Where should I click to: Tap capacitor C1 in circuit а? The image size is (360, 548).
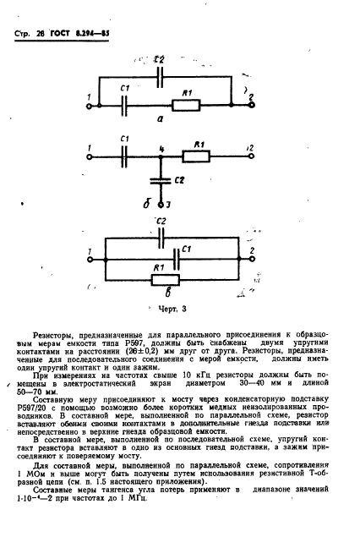click(125, 106)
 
